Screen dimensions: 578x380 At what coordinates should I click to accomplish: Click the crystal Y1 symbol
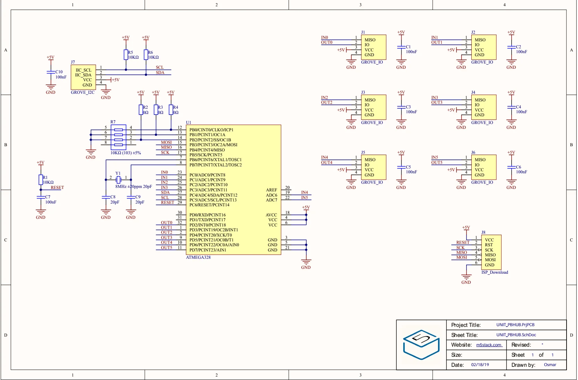tap(118, 180)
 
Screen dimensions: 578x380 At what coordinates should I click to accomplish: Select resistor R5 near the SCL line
tap(126, 55)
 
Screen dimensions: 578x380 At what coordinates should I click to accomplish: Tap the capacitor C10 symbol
tap(51, 72)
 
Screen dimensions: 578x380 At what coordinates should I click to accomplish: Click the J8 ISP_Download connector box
tap(491, 252)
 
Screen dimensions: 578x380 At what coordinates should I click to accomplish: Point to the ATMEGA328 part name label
tap(198, 257)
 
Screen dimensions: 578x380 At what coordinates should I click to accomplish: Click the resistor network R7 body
tap(118, 137)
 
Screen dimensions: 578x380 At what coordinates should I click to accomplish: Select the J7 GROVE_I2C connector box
tap(83, 77)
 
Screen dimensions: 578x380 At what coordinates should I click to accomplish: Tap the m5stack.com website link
tap(489, 345)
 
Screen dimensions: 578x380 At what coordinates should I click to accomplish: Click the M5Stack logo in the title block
tap(421, 345)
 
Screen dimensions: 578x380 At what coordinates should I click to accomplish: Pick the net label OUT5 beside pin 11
tap(166, 248)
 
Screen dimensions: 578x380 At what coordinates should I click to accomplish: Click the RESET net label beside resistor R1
tap(57, 188)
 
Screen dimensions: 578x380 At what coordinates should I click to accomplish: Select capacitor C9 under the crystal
tap(131, 197)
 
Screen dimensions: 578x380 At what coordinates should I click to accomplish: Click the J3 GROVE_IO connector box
tap(374, 107)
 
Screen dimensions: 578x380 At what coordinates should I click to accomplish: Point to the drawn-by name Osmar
tap(550, 365)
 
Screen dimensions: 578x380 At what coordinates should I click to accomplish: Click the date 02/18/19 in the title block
tap(480, 365)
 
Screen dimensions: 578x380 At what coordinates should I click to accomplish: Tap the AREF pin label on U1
tap(271, 190)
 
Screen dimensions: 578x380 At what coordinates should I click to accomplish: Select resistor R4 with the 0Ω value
tap(171, 110)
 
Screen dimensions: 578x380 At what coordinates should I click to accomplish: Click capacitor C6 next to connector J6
tap(511, 167)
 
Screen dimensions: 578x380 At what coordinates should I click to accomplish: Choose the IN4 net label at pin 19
tap(305, 192)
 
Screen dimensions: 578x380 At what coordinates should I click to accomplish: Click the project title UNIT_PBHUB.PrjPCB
tap(515, 325)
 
